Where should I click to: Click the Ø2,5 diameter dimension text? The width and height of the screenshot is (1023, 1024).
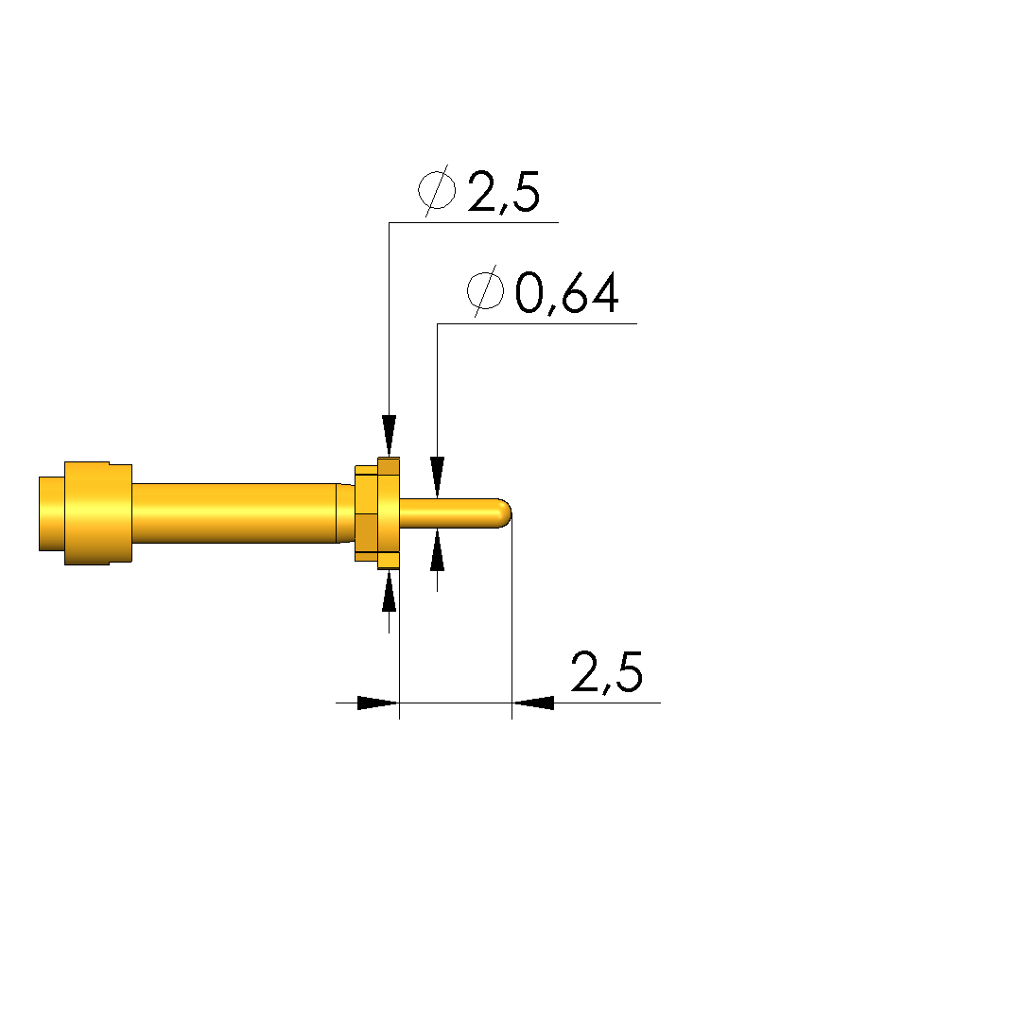[x=479, y=190]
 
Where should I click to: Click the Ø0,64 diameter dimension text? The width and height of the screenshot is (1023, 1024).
[x=543, y=291]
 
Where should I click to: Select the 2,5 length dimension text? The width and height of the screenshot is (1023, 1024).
[x=606, y=672]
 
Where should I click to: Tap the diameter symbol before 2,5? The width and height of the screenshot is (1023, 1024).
[x=437, y=190]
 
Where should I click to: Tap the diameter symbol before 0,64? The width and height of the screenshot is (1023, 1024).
[x=486, y=291]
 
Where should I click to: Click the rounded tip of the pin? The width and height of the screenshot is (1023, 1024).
[x=505, y=513]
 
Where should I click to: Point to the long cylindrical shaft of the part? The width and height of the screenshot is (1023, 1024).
[x=234, y=513]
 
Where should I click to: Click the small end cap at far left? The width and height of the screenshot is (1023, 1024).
[x=52, y=513]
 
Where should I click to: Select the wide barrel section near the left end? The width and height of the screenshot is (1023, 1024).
[x=98, y=513]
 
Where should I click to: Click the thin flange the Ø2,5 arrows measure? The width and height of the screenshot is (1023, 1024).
[x=389, y=513]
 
